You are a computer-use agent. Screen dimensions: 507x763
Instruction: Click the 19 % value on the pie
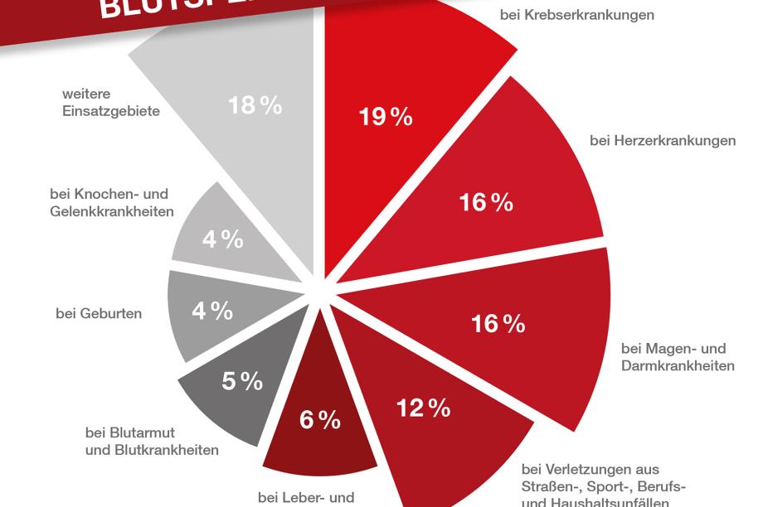click(386, 118)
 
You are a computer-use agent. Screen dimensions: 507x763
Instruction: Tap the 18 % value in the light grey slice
click(255, 106)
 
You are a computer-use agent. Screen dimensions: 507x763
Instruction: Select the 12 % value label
click(423, 408)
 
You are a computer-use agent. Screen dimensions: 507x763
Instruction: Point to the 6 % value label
click(319, 420)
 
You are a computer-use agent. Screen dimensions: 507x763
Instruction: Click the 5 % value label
click(242, 381)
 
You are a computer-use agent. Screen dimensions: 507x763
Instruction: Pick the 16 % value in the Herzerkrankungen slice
click(486, 202)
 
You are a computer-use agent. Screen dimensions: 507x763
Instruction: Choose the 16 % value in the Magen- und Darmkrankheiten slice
click(498, 324)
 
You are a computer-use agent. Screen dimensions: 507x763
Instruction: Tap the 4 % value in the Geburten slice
click(212, 311)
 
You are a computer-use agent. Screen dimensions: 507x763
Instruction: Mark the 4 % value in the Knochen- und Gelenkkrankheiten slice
click(222, 239)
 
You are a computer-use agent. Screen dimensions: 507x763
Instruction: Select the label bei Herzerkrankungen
click(663, 141)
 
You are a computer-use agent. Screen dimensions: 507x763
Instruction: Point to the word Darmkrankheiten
click(678, 365)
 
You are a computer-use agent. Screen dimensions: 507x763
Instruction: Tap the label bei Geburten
click(99, 313)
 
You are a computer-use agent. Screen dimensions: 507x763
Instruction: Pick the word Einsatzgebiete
click(111, 111)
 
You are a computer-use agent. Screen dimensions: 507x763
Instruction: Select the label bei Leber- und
click(306, 498)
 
